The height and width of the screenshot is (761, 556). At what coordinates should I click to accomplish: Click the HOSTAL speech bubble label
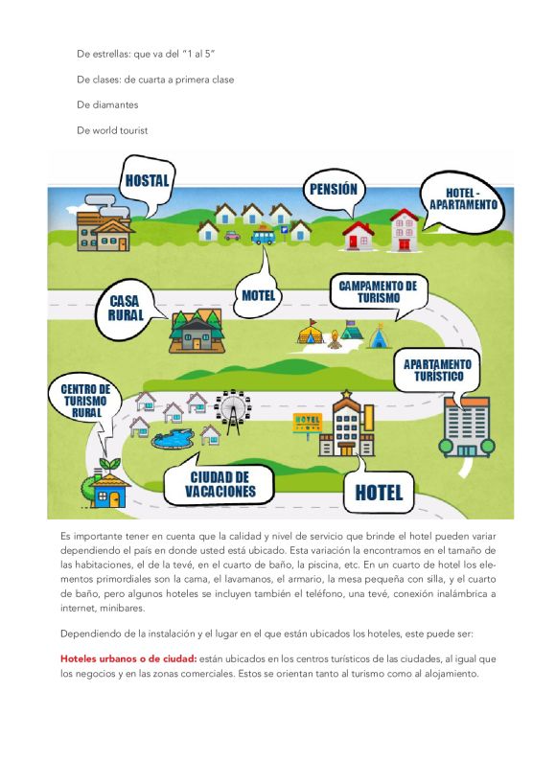point(147,180)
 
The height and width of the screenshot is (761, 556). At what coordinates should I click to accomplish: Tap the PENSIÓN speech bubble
point(333,189)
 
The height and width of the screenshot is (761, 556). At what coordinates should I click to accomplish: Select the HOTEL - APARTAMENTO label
point(462,198)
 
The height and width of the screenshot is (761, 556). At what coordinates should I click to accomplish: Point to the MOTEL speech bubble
point(259,295)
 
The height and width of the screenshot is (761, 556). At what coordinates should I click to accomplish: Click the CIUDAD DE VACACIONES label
point(220,485)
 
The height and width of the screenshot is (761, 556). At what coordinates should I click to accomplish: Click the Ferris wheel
point(232,409)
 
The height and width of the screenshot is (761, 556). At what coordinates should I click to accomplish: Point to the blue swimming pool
point(173,439)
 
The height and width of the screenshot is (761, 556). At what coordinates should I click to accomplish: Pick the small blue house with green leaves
point(107,491)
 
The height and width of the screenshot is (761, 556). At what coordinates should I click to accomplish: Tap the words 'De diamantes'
point(107,104)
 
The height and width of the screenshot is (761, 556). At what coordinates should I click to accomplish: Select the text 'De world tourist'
point(113,129)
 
